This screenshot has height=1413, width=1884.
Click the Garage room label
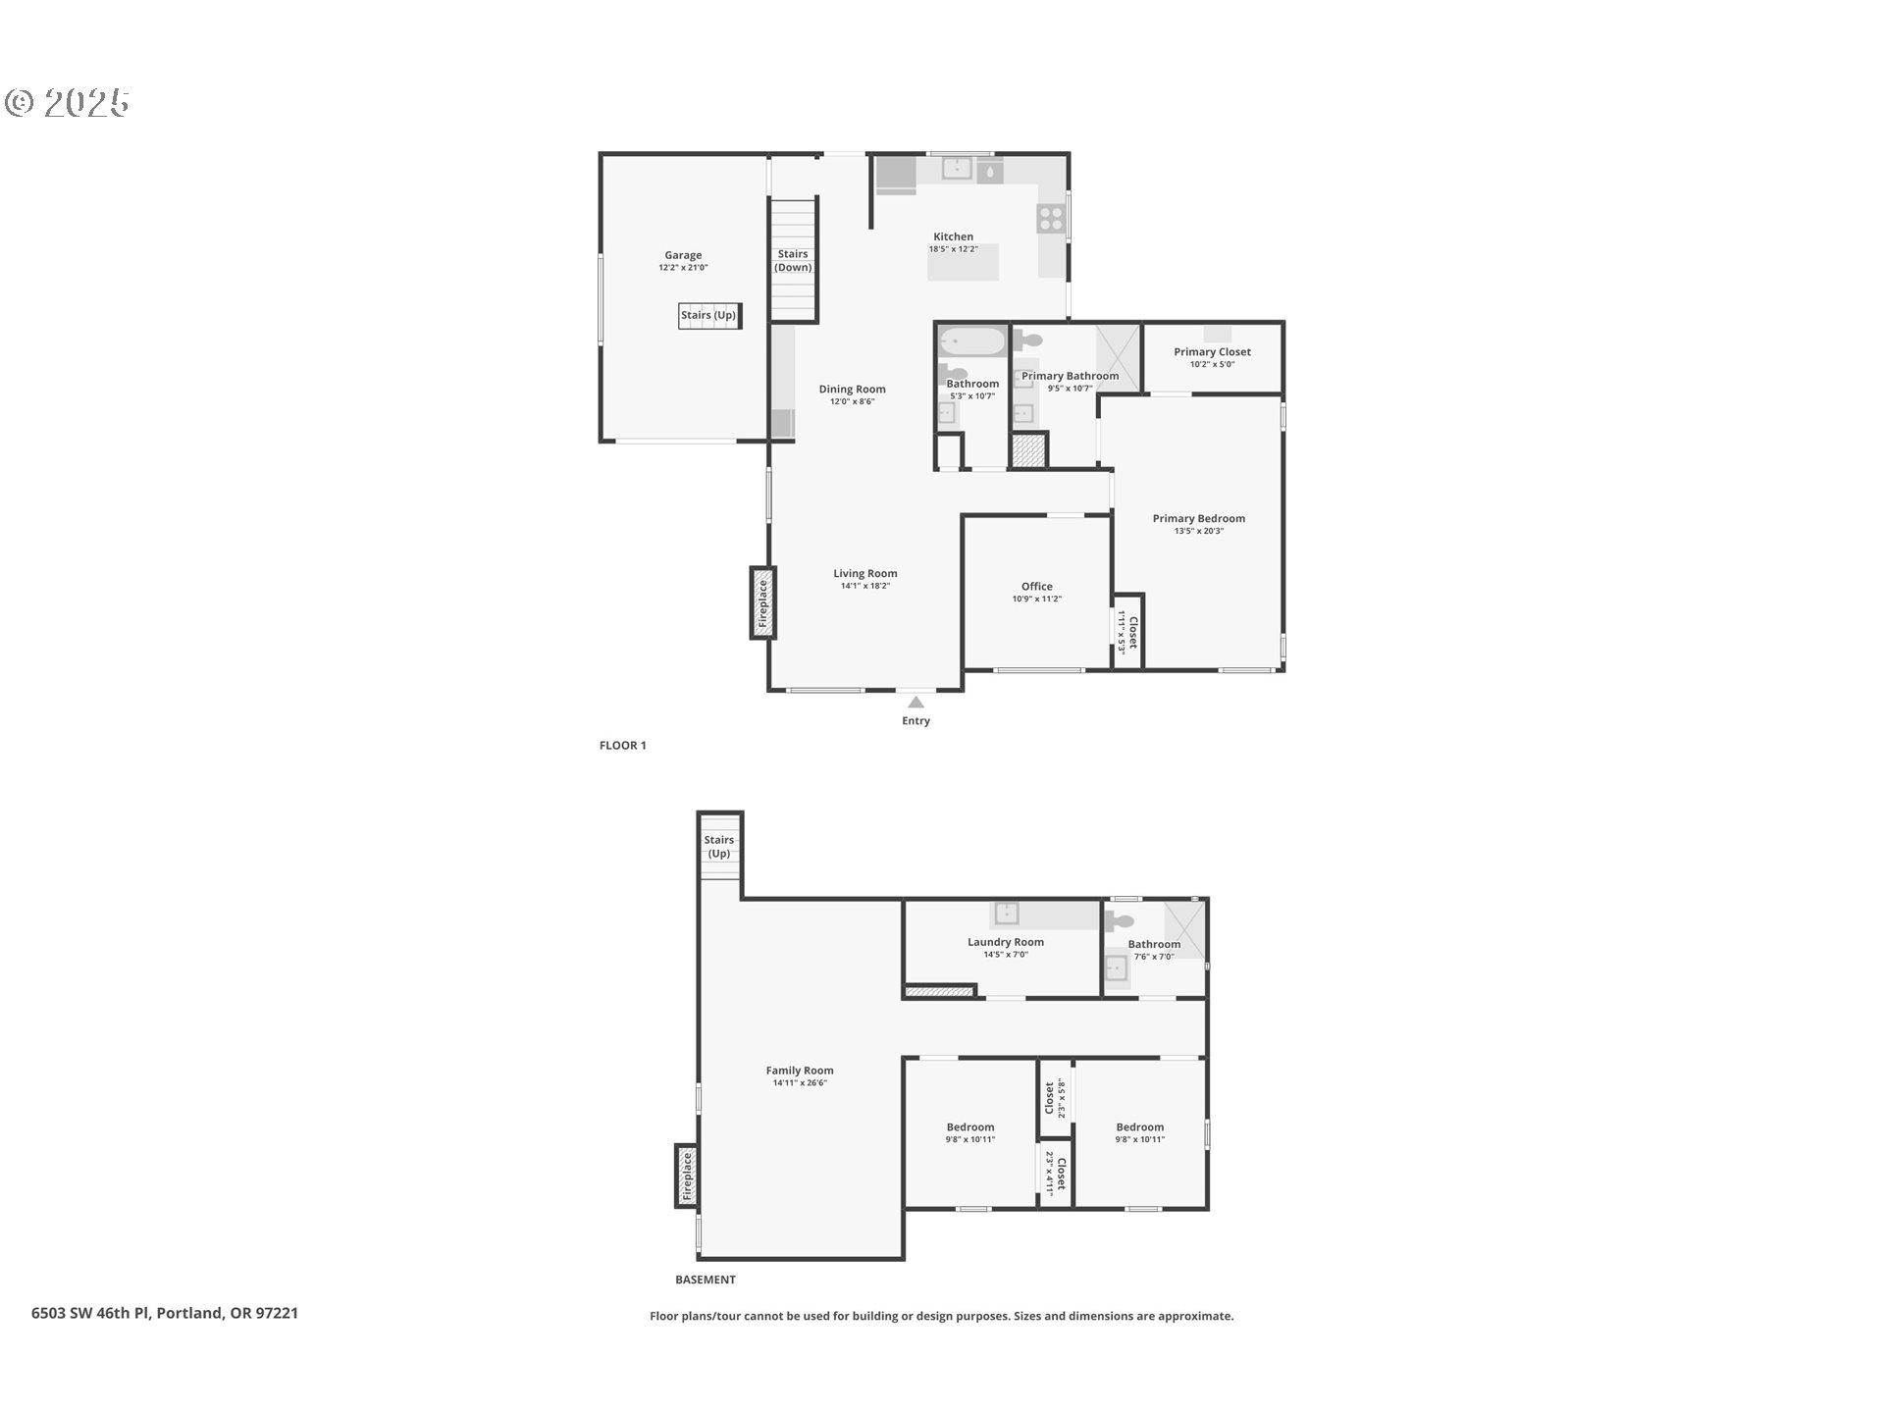683,255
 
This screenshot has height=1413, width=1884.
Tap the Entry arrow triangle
916,703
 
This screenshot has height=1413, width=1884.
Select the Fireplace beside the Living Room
762,602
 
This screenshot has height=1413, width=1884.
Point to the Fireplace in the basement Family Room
687,1176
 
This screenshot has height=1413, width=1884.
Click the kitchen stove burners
1051,218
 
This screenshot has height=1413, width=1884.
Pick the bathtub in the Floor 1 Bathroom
972,342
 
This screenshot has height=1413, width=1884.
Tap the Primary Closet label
1212,352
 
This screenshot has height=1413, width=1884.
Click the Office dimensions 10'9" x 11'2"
1036,599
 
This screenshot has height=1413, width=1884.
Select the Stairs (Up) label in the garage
708,315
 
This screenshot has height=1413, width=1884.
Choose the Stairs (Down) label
793,261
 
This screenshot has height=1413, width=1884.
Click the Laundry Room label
1006,942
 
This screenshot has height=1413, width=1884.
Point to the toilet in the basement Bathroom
1118,921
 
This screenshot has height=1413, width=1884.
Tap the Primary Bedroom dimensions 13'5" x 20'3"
1199,531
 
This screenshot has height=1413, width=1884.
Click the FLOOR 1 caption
623,746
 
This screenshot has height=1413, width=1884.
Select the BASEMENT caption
706,1280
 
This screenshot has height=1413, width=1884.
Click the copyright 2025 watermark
67,103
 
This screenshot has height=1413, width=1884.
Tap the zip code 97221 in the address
278,1313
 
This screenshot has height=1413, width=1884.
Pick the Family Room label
800,1071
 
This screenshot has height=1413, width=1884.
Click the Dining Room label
852,390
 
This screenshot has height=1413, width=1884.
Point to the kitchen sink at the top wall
957,169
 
